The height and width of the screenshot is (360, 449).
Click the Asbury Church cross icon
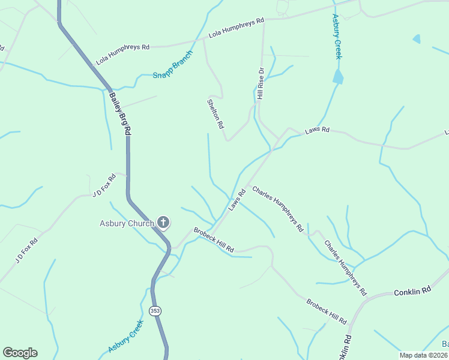(x=163, y=223)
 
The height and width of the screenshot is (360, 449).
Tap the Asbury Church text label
(x=127, y=224)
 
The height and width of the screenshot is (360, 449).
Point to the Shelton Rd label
(x=215, y=113)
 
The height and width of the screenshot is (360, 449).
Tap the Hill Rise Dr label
(x=261, y=83)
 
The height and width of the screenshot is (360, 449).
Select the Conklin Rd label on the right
(x=412, y=291)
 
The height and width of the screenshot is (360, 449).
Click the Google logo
(x=20, y=353)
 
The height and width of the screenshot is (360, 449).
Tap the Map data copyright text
(x=423, y=355)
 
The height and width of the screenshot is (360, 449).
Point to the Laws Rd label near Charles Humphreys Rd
(x=238, y=200)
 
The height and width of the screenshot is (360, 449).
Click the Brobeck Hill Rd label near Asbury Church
(x=213, y=239)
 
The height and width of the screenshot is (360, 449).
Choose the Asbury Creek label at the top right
(x=337, y=37)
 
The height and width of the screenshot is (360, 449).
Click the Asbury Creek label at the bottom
(x=126, y=336)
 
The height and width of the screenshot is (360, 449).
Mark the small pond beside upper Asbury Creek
(x=338, y=76)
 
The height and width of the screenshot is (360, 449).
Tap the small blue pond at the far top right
(x=417, y=39)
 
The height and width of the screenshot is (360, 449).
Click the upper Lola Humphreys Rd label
(x=237, y=29)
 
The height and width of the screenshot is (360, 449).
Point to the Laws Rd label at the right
(x=317, y=130)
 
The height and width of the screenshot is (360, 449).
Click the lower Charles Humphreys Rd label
(x=345, y=268)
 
